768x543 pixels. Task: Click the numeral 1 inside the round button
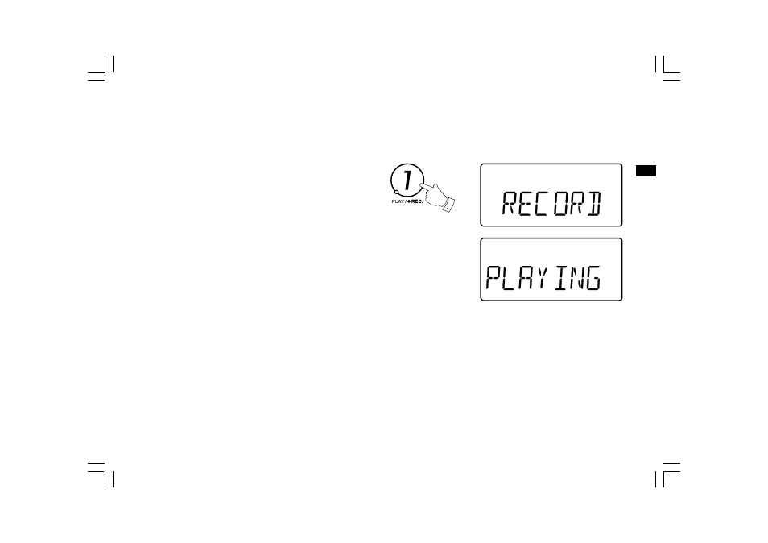[407, 179]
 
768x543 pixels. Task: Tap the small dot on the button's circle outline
[396, 192]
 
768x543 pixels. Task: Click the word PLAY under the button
[398, 201]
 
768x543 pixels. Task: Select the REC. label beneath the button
[417, 201]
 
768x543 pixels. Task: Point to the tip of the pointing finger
[421, 184]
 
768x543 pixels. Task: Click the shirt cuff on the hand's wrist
[448, 205]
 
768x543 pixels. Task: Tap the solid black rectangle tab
[646, 171]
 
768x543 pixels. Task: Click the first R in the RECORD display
[510, 203]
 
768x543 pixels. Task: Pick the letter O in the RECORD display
[561, 203]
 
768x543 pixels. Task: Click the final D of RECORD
[594, 203]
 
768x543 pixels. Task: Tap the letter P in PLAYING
[493, 278]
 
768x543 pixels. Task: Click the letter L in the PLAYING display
[510, 278]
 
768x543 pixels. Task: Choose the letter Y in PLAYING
[541, 278]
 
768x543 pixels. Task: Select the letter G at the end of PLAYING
[593, 278]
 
